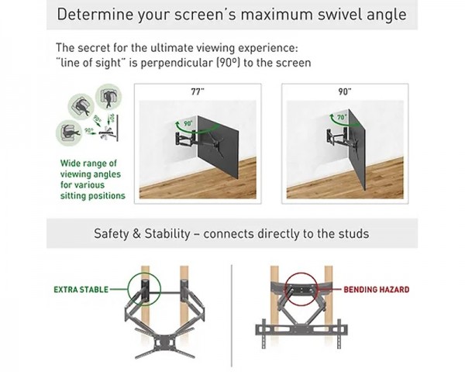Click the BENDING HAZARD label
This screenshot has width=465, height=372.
tap(376, 290)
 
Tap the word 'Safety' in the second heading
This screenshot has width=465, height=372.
tap(113, 233)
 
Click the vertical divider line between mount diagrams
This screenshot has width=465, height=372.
tap(232, 310)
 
